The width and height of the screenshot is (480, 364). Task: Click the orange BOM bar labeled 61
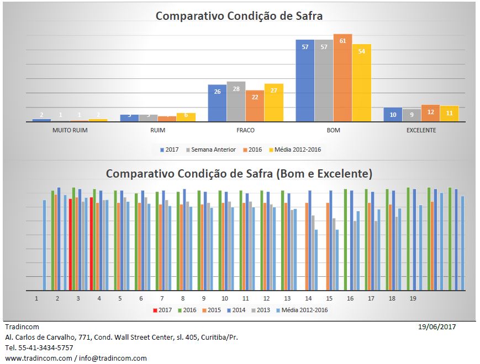point(342,78)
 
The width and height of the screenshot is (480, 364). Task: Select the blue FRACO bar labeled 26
point(217,103)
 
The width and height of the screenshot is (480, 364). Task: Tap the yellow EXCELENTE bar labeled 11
point(449,114)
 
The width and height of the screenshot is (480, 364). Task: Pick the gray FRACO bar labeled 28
point(236,101)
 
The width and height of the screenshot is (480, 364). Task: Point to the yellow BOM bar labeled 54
point(361,83)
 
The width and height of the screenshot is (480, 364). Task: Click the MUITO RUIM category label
point(70,131)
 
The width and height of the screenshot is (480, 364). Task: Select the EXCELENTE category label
point(421,131)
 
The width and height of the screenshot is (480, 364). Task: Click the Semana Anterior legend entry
point(213,149)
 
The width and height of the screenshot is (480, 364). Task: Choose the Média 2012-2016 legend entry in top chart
point(297,149)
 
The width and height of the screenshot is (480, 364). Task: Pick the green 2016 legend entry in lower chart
point(187,310)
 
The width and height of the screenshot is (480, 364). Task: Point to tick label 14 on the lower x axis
point(308,298)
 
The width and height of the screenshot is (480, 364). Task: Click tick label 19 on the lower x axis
point(413,298)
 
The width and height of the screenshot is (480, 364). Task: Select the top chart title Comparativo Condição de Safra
point(239,16)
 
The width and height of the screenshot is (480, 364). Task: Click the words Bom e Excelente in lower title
point(323,174)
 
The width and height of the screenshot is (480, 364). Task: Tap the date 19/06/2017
point(437,326)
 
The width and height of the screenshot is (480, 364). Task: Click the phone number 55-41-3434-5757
point(46,347)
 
